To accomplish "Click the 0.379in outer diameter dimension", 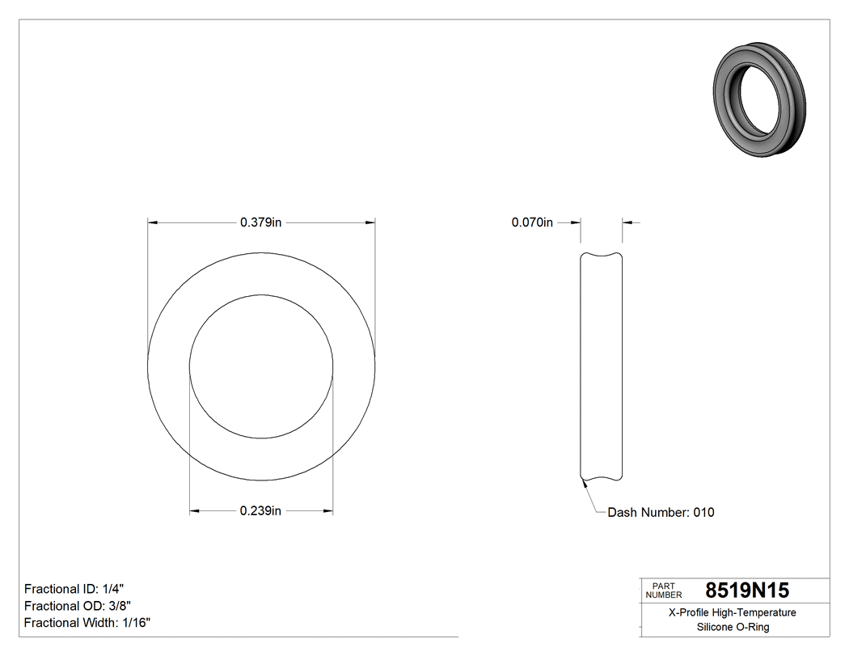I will click(260, 222).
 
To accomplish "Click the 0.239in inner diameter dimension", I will click(260, 510).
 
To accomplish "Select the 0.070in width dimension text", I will click(532, 222).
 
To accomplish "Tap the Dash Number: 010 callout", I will click(661, 512).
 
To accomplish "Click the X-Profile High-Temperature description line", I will click(733, 612).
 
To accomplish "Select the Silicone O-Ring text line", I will click(733, 627).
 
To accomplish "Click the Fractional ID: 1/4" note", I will click(74, 589).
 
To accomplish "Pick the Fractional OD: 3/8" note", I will click(77, 606).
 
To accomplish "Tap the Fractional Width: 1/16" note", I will click(87, 623).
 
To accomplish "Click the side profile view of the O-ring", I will click(601, 366).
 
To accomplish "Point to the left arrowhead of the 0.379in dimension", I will click(152, 222).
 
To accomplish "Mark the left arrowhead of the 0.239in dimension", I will click(194, 510).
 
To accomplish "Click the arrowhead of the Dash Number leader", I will click(583, 484).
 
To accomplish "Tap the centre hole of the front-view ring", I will click(261, 366).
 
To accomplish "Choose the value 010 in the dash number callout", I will click(703, 512).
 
